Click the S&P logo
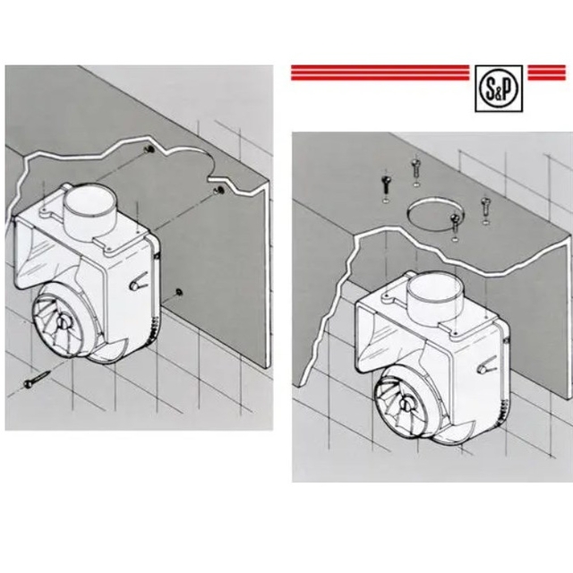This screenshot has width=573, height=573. pyautogui.click(x=499, y=89)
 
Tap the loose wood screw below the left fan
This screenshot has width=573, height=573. pyautogui.click(x=38, y=379)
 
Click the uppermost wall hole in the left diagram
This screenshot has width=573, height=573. pyautogui.click(x=150, y=149)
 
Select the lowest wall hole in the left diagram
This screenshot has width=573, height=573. pyautogui.click(x=179, y=292)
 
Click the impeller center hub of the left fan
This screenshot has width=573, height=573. pyautogui.click(x=63, y=322)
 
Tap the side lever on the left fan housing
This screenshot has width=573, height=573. pyautogui.click(x=138, y=281)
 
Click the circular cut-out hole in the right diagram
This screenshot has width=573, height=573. pyautogui.click(x=436, y=214)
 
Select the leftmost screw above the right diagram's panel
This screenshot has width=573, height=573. pyautogui.click(x=386, y=185)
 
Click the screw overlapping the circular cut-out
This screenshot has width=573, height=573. pyautogui.click(x=455, y=223)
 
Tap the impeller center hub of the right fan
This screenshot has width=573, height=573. pyautogui.click(x=406, y=404)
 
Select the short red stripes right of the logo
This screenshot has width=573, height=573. pyautogui.click(x=547, y=73)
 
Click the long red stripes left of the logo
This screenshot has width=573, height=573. pyautogui.click(x=380, y=73)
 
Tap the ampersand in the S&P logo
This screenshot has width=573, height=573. pyautogui.click(x=500, y=90)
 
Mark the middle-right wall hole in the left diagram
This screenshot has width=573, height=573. pyautogui.click(x=220, y=190)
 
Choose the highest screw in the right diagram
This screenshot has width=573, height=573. pyautogui.click(x=415, y=167)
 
